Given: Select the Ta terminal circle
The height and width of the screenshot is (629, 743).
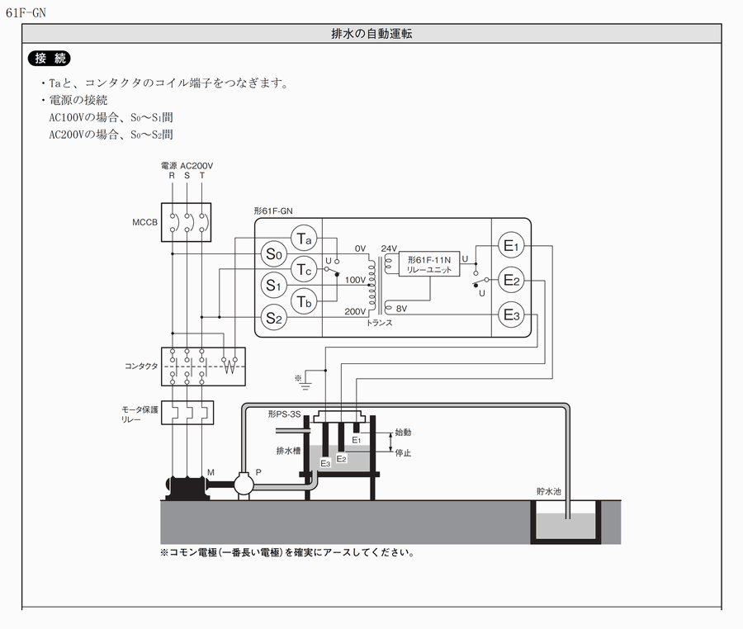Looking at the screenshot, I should click(x=305, y=239).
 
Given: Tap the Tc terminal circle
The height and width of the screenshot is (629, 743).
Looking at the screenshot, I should click(x=305, y=270).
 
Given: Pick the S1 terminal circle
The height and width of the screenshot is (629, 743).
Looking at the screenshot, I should click(x=274, y=286).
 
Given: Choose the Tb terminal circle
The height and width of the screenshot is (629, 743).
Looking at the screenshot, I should click(x=305, y=300).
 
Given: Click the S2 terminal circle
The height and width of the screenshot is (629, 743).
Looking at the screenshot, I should click(x=274, y=316).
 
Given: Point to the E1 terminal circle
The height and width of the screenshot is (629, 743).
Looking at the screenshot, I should click(x=511, y=246).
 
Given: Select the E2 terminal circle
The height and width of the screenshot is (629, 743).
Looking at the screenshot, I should click(x=511, y=281).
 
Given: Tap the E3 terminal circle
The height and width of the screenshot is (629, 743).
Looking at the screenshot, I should click(x=511, y=315).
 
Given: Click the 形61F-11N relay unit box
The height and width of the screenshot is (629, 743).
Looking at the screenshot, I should click(x=430, y=264).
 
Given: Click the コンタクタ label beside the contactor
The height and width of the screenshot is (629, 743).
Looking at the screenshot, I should click(x=140, y=366).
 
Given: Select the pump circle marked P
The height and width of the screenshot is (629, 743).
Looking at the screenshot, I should click(x=244, y=483).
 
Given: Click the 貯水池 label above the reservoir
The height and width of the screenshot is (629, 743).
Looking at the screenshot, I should click(x=549, y=490).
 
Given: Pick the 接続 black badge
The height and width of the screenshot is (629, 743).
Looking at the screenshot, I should click(x=50, y=59).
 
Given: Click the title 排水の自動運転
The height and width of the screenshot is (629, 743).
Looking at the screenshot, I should click(x=371, y=34).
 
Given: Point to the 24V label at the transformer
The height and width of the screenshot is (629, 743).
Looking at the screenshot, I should click(x=389, y=248).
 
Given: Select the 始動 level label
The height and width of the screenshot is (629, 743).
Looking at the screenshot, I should click(x=403, y=432).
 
